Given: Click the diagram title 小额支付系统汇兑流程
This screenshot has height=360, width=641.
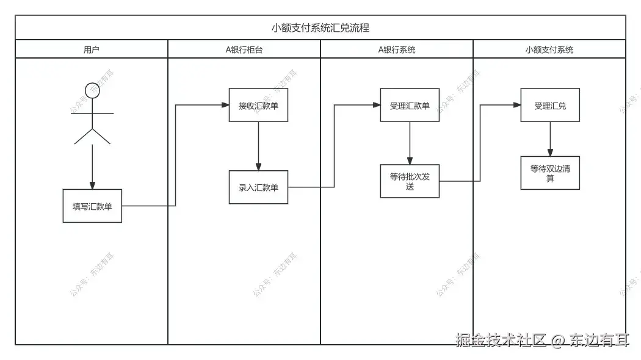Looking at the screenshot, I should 320,27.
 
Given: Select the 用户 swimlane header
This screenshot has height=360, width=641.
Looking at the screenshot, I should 91,49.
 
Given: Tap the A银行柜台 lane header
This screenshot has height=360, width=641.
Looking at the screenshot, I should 244,49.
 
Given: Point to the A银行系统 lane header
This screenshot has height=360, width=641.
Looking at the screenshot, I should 396,49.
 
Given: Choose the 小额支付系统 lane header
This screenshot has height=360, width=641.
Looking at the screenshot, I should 549,49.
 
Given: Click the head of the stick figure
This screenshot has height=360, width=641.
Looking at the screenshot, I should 92,90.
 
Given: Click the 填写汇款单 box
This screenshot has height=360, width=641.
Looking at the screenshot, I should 92,206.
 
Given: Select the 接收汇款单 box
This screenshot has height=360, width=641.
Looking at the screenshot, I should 258,105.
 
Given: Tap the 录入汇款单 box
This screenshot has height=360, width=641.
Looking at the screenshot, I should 258,187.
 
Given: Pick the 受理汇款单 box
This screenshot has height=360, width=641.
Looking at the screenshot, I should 410,105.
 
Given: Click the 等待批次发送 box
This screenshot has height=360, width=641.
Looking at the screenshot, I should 410,181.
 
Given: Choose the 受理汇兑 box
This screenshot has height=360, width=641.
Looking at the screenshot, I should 550,105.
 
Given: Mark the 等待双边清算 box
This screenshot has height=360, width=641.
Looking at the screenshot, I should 550,173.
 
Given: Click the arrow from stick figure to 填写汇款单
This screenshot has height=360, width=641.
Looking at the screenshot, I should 92,165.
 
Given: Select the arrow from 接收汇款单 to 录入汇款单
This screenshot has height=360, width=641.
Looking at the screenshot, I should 258,146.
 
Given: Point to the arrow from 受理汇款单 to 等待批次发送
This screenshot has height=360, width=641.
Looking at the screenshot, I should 410,143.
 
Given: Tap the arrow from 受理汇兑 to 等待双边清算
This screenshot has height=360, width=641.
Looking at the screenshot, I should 550,139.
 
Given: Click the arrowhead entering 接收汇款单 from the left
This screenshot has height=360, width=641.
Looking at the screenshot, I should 225,105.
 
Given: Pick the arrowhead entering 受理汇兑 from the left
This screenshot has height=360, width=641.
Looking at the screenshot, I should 516,105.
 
